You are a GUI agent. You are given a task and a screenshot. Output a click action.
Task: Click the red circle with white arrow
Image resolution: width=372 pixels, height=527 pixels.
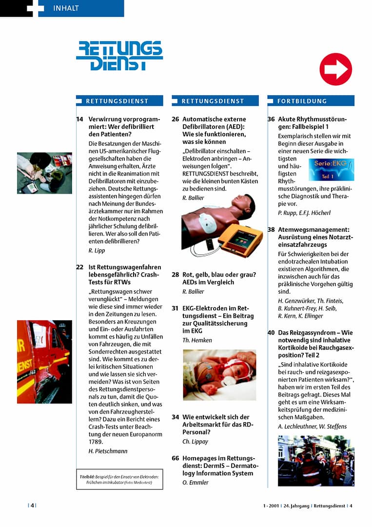(335, 69)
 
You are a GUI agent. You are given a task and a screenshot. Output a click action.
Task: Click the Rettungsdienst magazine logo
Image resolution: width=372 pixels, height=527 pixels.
(119, 56)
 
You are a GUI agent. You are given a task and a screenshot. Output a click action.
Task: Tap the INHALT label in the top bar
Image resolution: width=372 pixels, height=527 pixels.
(66, 8)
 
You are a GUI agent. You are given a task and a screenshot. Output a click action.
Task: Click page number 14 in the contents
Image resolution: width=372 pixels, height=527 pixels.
(79, 119)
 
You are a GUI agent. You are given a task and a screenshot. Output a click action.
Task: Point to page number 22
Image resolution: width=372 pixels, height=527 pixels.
(79, 266)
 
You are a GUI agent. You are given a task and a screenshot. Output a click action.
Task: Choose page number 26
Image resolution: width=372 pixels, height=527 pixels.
(176, 119)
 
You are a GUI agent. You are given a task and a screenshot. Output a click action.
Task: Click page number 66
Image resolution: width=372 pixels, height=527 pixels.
(176, 459)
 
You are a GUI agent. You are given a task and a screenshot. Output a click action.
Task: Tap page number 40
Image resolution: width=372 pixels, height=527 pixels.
(271, 333)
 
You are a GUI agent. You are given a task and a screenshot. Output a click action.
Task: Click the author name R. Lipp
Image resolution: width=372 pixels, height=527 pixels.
(97, 250)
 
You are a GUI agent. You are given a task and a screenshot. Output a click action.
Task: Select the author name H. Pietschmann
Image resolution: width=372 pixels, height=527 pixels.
(108, 451)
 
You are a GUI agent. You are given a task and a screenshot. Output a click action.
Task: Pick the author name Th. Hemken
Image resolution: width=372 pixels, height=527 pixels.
(197, 340)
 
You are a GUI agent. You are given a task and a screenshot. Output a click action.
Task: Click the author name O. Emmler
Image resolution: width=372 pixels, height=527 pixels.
(195, 483)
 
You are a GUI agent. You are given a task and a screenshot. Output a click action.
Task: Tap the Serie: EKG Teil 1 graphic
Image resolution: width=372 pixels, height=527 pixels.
(331, 169)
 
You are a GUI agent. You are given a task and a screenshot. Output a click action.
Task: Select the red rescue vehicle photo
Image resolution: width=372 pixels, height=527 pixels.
(44, 362)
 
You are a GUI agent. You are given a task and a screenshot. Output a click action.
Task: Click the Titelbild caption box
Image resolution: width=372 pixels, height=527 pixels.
(119, 479)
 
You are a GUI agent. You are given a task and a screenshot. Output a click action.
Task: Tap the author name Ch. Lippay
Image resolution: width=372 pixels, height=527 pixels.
(195, 441)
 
